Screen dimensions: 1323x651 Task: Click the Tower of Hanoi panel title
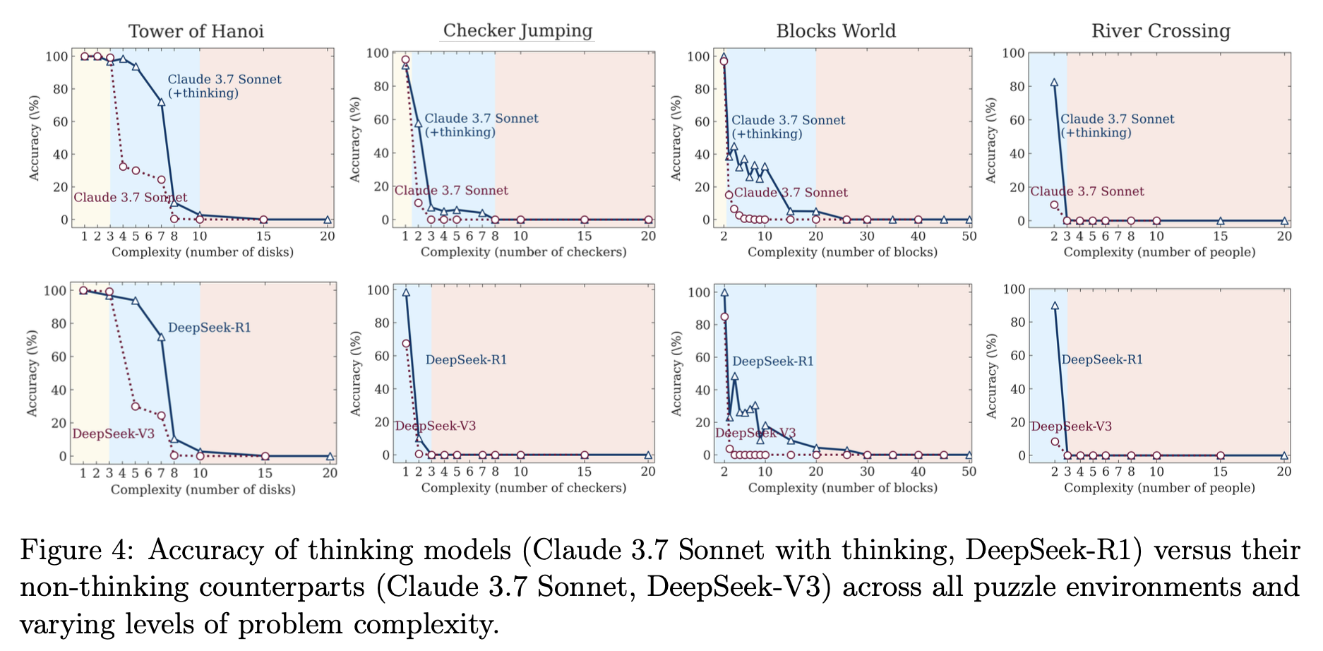(196, 31)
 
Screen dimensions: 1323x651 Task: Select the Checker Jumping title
(517, 31)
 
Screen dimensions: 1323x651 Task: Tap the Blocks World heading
(836, 31)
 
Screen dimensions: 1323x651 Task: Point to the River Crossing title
(1161, 31)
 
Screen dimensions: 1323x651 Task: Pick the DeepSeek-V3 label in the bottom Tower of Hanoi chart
(113, 434)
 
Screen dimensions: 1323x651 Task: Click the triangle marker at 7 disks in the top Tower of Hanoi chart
(161, 102)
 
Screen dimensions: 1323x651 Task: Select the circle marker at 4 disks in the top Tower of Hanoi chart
(123, 167)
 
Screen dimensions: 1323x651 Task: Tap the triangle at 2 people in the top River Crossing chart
(1054, 83)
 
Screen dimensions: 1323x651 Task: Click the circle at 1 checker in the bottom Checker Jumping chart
(406, 344)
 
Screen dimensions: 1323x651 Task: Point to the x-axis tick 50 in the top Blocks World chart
(969, 236)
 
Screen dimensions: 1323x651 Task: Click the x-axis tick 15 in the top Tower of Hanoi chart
(263, 236)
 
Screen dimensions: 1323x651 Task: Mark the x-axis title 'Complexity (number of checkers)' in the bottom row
(523, 488)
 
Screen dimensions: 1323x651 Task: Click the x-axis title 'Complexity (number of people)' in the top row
(1159, 252)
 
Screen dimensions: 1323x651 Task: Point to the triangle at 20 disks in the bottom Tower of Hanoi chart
(329, 456)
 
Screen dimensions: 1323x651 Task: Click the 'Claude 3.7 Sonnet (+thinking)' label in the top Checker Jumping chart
(481, 125)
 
